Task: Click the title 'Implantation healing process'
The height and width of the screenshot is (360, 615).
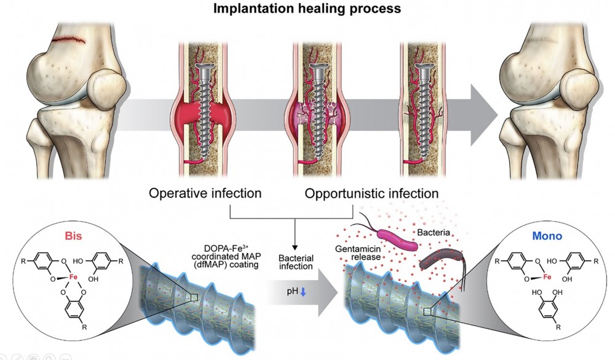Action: [307, 9]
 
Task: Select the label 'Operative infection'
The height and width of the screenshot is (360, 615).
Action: [205, 193]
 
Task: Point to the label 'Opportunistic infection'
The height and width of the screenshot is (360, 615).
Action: [371, 193]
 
